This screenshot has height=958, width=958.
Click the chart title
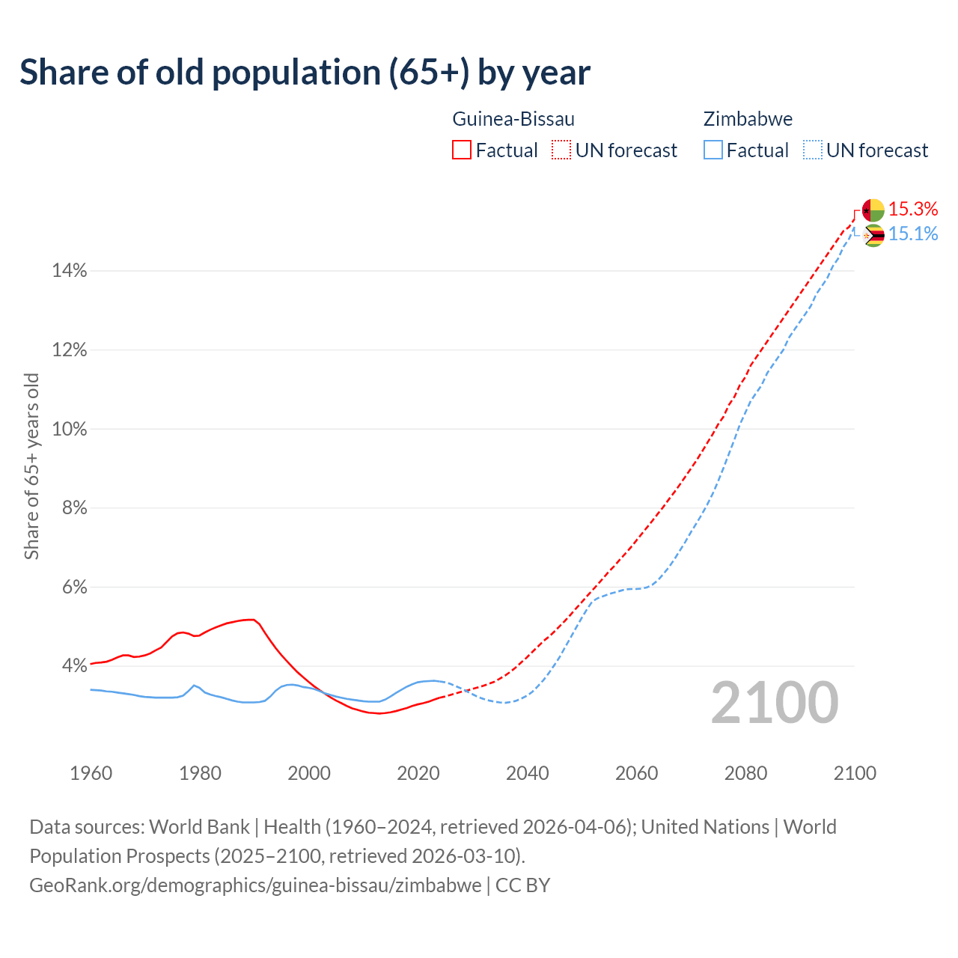(305, 73)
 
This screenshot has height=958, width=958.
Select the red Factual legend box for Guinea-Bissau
(462, 150)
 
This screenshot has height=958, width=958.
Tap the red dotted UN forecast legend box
(561, 150)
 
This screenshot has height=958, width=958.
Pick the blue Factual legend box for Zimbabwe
(713, 150)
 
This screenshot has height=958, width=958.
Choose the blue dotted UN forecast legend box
(812, 150)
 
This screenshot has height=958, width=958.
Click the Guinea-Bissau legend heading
(513, 119)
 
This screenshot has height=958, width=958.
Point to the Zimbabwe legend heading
(748, 119)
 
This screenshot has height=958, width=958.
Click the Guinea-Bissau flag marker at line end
(873, 210)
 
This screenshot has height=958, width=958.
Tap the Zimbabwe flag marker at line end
(873, 236)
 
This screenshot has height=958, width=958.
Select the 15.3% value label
(913, 210)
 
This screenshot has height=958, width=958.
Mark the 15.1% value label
(913, 234)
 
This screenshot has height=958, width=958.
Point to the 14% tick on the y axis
(70, 271)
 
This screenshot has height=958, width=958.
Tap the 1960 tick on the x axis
(91, 773)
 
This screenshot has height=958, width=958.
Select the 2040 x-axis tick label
(528, 773)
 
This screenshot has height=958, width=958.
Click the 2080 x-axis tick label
(745, 773)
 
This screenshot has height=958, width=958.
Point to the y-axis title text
(31, 466)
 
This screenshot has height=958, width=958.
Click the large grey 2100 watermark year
(774, 703)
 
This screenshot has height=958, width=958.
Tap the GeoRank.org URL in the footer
(255, 885)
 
